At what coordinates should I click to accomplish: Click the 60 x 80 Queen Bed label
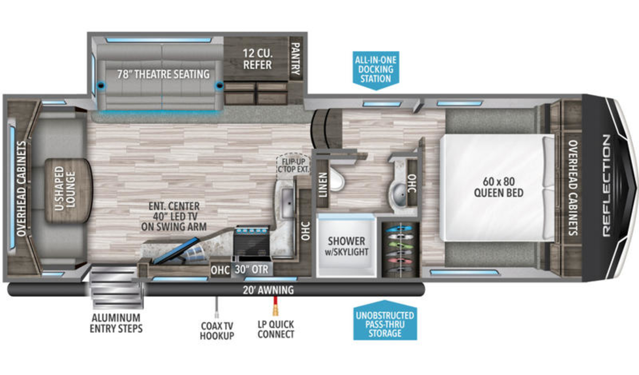(x=498, y=187)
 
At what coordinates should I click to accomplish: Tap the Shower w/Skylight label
(x=346, y=246)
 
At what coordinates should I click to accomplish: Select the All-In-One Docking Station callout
(x=376, y=70)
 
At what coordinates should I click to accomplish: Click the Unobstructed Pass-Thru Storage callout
(x=385, y=321)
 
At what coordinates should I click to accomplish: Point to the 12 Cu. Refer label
(x=257, y=59)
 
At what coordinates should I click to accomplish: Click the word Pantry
(x=296, y=59)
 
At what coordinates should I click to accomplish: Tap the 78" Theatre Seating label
(x=163, y=74)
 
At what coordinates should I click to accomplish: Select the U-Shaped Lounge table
(x=69, y=191)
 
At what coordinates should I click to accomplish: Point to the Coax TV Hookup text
(x=217, y=331)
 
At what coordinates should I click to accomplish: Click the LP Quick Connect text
(x=276, y=329)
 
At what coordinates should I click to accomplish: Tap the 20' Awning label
(x=268, y=290)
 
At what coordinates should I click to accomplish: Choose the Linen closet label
(x=323, y=185)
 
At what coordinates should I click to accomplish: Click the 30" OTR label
(x=251, y=270)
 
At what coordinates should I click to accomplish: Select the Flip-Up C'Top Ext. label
(x=293, y=166)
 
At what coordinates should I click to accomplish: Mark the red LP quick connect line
(x=275, y=301)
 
